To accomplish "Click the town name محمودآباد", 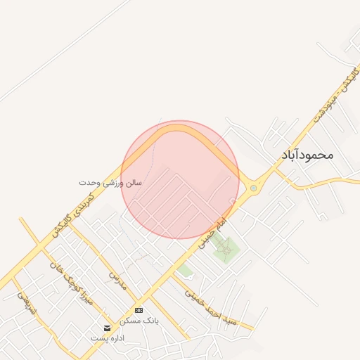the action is (306, 155).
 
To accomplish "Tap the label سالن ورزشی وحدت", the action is (110, 182).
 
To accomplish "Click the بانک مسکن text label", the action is (139, 320).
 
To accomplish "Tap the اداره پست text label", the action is (108, 338).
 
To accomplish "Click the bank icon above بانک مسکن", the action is (139, 309).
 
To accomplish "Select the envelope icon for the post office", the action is (107, 328).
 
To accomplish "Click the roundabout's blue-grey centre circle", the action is (253, 188).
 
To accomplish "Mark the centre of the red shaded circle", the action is (180, 179).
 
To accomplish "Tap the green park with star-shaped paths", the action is (226, 248).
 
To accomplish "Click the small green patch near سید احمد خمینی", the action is (184, 270).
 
